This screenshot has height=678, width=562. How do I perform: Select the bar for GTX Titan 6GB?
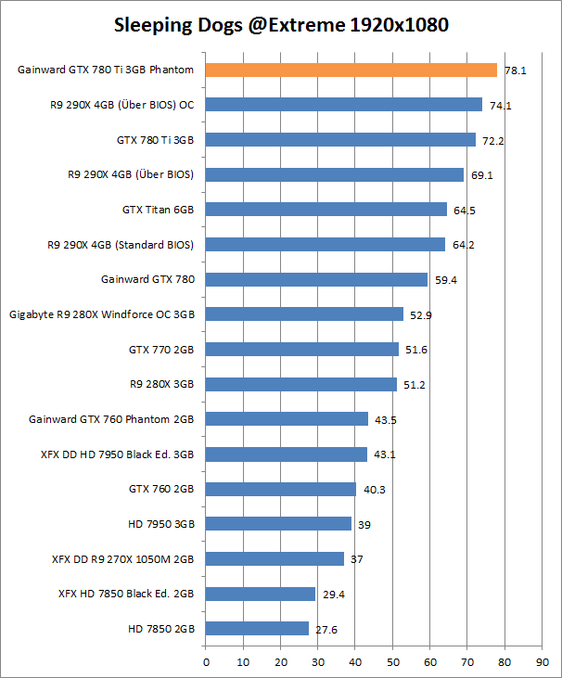(x=326, y=210)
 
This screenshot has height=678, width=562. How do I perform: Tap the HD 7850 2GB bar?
(x=257, y=629)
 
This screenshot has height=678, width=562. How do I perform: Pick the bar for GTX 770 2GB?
(x=301, y=350)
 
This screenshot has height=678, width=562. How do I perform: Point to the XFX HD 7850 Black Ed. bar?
(x=260, y=594)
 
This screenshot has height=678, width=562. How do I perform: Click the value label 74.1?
(x=501, y=106)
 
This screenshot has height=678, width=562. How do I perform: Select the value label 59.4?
(x=446, y=280)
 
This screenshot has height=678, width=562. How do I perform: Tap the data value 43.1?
(x=385, y=454)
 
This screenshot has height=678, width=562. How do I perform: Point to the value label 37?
(x=356, y=559)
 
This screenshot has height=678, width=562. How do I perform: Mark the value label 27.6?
(x=326, y=630)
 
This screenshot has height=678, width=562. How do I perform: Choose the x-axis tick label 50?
(x=392, y=662)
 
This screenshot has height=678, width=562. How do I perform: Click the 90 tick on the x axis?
(x=542, y=662)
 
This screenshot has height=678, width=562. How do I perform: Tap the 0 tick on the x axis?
(x=206, y=662)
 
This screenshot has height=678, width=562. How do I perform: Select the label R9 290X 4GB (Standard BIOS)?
(x=121, y=245)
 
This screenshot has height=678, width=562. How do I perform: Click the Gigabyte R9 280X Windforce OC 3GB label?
(x=102, y=314)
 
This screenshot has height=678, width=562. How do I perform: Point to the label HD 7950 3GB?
(x=161, y=524)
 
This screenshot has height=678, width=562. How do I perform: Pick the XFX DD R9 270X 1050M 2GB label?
(x=123, y=559)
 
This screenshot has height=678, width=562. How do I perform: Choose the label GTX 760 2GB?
(x=161, y=489)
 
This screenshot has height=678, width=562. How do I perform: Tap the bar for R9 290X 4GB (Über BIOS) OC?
(x=343, y=105)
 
